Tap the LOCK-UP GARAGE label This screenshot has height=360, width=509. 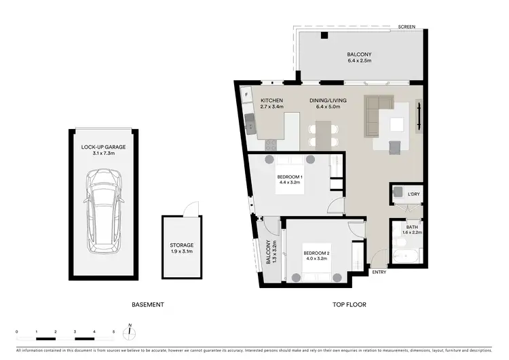(x=104, y=147)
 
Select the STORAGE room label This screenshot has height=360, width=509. (x=181, y=245)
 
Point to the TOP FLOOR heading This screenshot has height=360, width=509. (x=350, y=304)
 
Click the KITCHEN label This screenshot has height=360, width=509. (x=271, y=101)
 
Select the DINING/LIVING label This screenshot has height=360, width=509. (x=328, y=101)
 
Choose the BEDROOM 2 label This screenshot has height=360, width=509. (x=316, y=254)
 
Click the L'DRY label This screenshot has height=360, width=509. (x=414, y=195)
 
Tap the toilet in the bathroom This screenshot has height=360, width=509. (x=396, y=236)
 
